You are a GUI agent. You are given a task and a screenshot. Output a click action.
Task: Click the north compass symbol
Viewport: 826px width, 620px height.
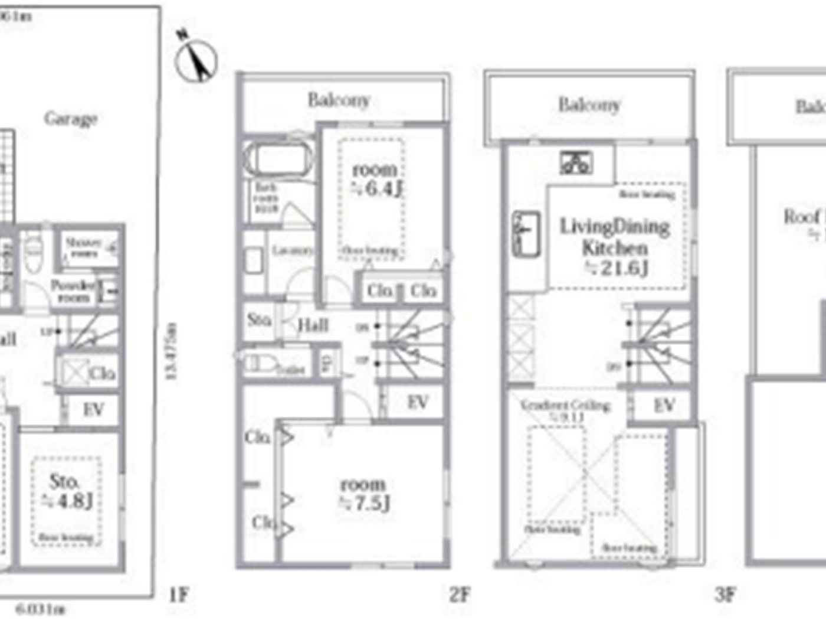[x=197, y=60]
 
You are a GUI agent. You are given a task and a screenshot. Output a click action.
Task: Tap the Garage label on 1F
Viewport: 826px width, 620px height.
[x=71, y=119]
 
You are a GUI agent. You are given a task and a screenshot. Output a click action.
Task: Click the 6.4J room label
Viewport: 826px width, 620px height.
[x=376, y=179]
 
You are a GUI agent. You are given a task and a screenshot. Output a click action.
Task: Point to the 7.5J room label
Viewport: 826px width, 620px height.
[x=363, y=494]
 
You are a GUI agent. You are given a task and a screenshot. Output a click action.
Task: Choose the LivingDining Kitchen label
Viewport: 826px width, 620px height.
[x=615, y=247]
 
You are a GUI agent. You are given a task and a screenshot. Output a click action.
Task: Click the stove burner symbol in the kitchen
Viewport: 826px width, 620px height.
[x=576, y=162]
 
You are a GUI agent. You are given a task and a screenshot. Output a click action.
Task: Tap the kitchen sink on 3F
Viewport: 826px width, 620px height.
[x=526, y=234]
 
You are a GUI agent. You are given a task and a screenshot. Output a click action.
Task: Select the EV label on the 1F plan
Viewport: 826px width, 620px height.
[x=93, y=409]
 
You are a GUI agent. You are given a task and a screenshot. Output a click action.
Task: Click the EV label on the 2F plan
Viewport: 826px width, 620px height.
[x=418, y=402]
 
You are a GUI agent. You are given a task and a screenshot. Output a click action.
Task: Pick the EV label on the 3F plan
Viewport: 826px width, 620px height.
[x=664, y=405]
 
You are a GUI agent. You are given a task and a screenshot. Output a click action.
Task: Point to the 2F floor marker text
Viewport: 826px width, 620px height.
[x=460, y=594]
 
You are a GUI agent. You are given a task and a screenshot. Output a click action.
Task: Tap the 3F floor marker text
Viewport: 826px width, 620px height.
[x=725, y=594]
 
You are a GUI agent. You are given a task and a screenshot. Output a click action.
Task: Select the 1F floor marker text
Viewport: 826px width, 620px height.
[x=179, y=594]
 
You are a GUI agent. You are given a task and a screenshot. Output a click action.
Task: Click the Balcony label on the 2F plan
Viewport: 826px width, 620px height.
[x=339, y=100]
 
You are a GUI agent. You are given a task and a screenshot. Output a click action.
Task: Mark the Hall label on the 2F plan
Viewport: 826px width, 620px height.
[x=313, y=325]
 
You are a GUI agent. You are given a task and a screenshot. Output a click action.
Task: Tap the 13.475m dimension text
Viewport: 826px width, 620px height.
[x=171, y=351]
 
